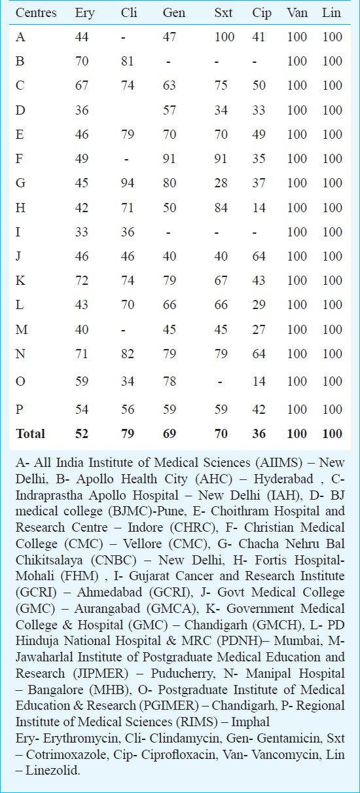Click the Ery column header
click(x=85, y=13)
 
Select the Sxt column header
click(x=223, y=12)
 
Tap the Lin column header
click(x=331, y=12)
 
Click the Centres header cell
click(x=36, y=12)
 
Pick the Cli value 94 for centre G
click(x=128, y=183)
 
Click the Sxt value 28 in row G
click(x=221, y=183)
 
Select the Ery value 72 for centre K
click(x=81, y=280)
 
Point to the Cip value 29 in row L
click(x=259, y=304)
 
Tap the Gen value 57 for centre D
click(x=170, y=110)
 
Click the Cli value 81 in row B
click(x=128, y=62)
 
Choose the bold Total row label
click(x=31, y=433)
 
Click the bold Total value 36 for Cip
click(x=259, y=433)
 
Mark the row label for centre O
click(x=20, y=382)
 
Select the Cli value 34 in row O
click(x=128, y=381)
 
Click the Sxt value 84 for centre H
click(x=221, y=208)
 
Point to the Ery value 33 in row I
click(x=81, y=232)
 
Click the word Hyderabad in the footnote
click(x=283, y=479)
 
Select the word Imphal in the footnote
click(x=250, y=722)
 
